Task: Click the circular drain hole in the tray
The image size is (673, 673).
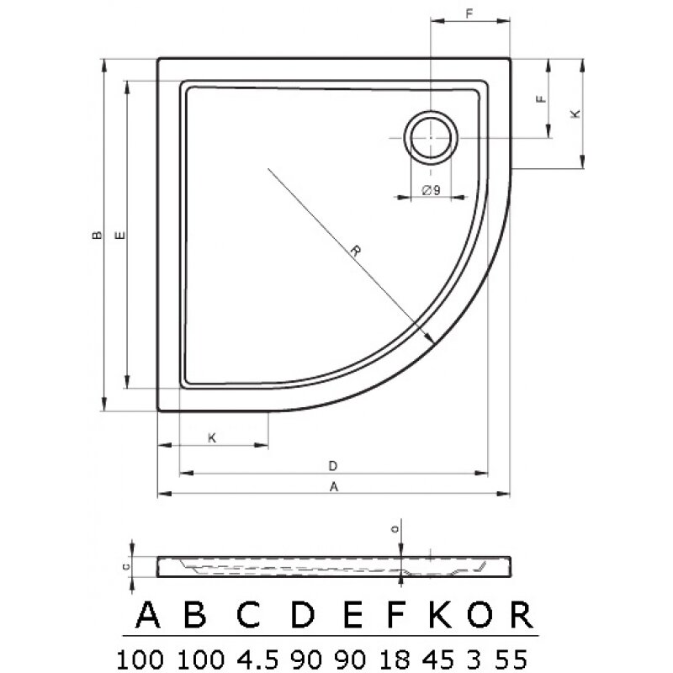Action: (432, 137)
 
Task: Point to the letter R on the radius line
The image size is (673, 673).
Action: (357, 250)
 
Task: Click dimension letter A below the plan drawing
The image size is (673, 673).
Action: (334, 486)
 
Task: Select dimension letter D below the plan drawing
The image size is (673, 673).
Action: (334, 465)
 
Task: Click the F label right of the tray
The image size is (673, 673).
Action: (542, 98)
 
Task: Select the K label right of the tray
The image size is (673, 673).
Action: (575, 114)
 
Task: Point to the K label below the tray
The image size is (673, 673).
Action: (212, 437)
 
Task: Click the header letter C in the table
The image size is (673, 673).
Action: (247, 617)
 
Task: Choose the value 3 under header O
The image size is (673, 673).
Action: (481, 654)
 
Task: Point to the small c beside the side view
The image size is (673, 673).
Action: (125, 566)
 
